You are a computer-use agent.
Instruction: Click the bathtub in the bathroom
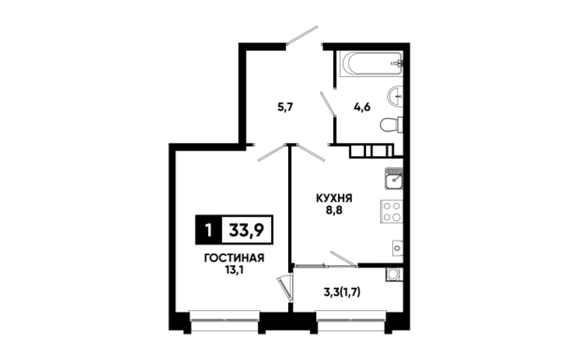coord(371,64)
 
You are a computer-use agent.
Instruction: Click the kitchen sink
coord(394,178)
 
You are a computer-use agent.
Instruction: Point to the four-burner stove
coord(391,212)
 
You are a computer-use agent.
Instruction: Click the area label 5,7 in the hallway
coord(285,107)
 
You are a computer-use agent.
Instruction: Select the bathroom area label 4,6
coord(362,107)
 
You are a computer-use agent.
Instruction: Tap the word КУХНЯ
coord(334,198)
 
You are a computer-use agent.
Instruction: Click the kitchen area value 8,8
coord(334,211)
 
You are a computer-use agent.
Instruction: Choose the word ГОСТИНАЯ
coord(234,258)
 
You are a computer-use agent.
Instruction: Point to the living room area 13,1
coord(234,271)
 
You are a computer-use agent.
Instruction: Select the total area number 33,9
coord(246,230)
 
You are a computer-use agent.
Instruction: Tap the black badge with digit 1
coord(209,230)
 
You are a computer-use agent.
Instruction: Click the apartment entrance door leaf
coord(302,35)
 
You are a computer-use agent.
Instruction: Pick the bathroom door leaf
coord(327,105)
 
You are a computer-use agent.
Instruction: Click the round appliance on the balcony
coord(394,274)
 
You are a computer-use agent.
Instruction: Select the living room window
coord(224,321)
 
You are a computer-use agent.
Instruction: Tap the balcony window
coord(351,321)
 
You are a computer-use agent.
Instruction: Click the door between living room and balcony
coord(286,290)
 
